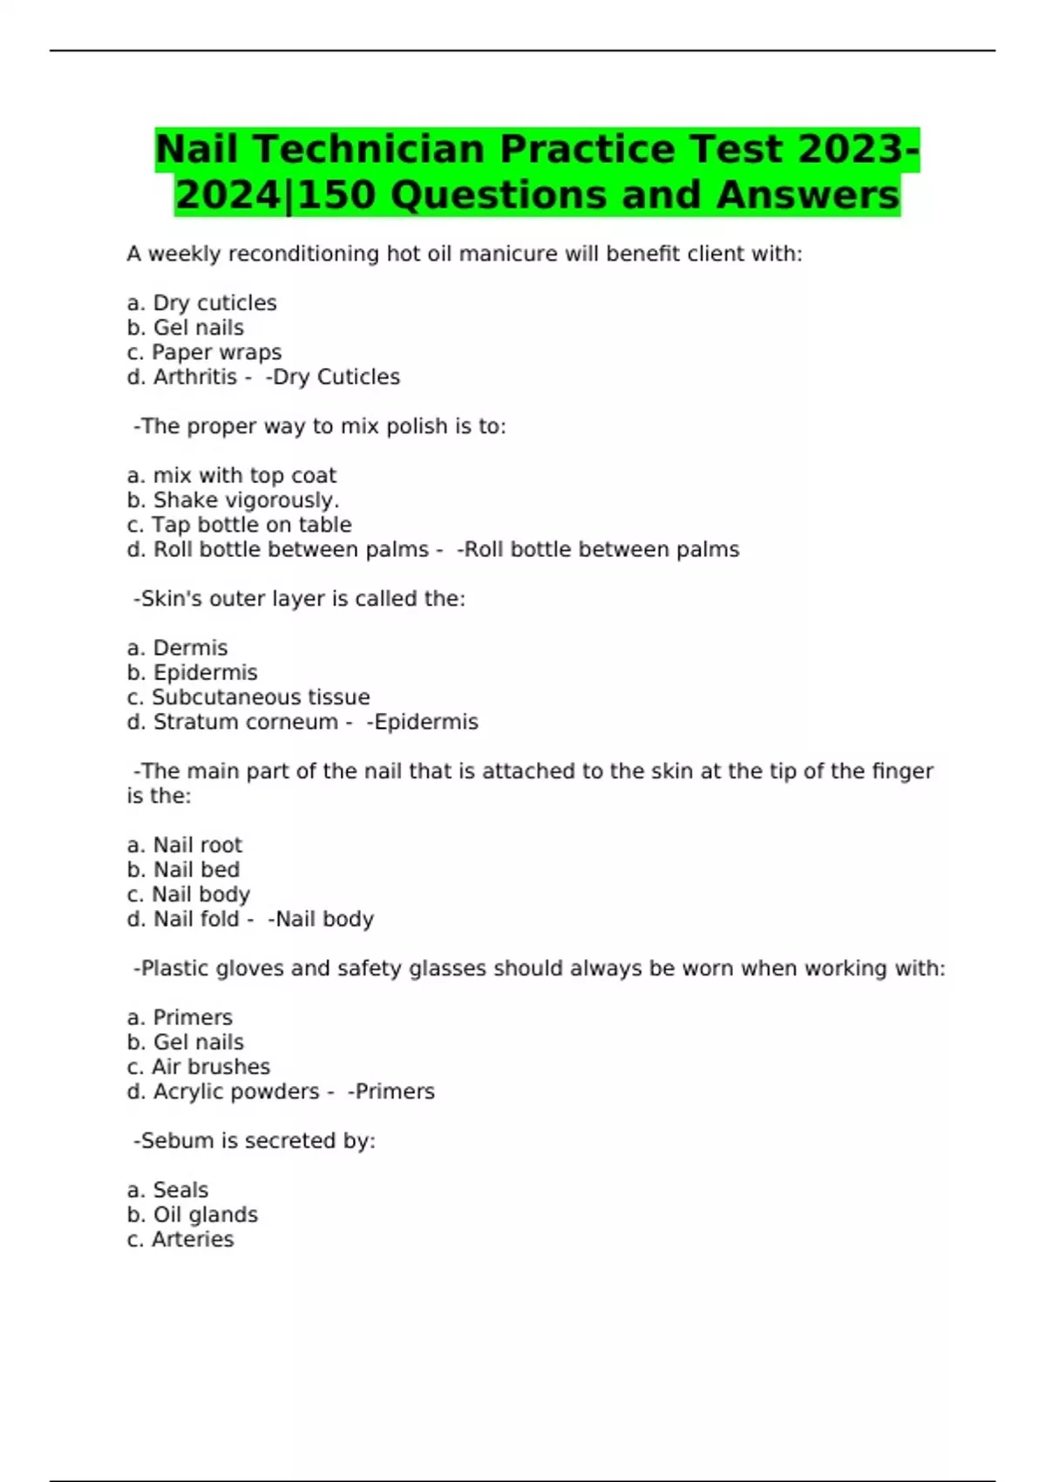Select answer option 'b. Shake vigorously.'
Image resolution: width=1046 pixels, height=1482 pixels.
pos(233,500)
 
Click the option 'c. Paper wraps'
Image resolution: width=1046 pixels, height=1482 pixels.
pos(204,352)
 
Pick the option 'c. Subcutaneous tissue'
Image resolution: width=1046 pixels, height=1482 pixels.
pos(248,697)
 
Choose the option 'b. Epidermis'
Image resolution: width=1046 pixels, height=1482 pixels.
pos(192,673)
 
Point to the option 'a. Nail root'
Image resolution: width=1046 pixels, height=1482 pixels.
pos(185,845)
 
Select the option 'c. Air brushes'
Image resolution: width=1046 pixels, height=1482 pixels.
pos(199,1067)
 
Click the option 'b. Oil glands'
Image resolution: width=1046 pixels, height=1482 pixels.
pos(193,1215)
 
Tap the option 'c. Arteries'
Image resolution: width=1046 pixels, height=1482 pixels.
pos(180,1240)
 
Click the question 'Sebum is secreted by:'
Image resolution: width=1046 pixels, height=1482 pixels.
pos(255,1141)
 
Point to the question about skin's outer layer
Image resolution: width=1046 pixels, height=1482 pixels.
pos(299,599)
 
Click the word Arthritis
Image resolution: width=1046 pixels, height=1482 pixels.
pos(195,377)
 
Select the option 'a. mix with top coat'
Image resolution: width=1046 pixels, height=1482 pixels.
pos(231,476)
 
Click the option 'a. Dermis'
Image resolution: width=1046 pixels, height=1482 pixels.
pos(177,649)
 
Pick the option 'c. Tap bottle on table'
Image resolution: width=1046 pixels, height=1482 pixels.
pos(239,525)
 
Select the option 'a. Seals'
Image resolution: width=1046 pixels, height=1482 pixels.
pos(167,1190)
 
